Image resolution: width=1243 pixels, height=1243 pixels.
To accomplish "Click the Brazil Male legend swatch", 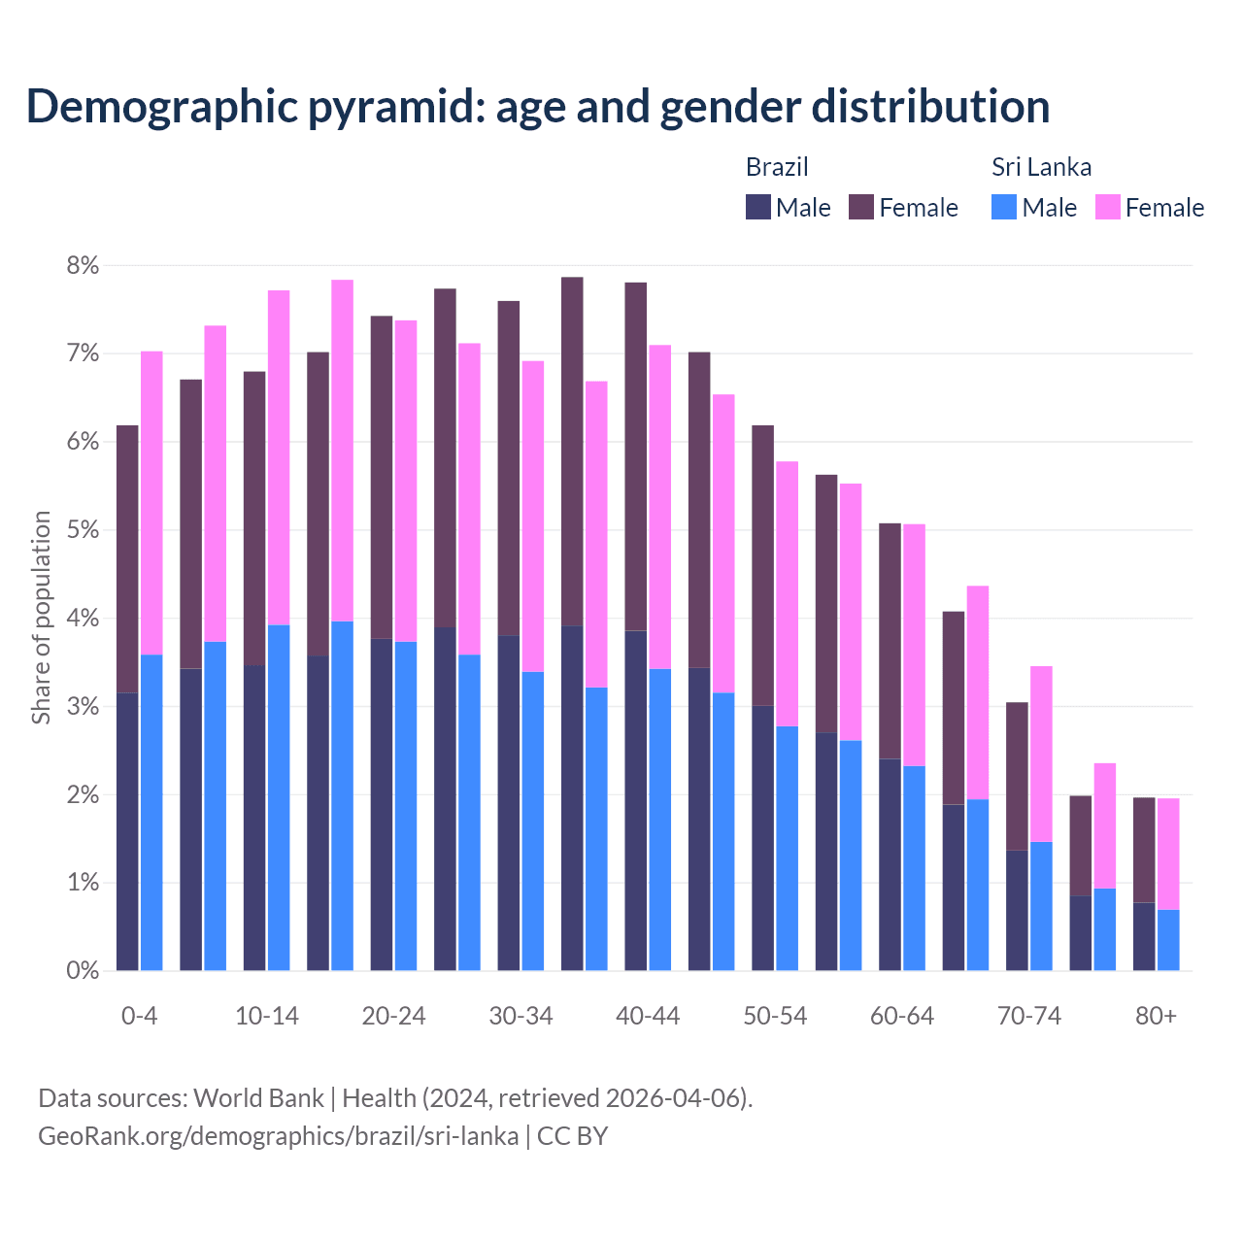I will pos(758,207).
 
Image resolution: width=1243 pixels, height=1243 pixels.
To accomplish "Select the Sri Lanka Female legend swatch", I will pos(1108,207).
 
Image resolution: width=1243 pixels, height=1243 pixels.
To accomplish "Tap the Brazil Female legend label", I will pos(918,208).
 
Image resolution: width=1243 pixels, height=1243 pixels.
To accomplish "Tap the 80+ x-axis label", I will pos(1156,1016).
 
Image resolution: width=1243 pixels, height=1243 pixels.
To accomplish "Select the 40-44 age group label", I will pos(648,1016).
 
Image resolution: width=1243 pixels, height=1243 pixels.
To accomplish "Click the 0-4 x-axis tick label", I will pos(139,1016).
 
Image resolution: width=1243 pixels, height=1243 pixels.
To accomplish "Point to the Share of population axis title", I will pos(42,618).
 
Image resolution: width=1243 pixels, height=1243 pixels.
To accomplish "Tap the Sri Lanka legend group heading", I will pos(1041,167).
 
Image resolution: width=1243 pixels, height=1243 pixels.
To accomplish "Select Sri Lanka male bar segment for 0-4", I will pos(151,812).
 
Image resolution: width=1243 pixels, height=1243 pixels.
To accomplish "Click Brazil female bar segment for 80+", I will pos(1144,850).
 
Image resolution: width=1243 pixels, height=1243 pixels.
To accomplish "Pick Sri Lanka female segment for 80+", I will pos(1168,854).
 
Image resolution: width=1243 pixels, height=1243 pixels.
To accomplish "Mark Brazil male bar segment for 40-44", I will pos(636,800).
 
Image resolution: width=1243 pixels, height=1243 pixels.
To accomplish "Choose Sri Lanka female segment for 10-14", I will pos(279,457).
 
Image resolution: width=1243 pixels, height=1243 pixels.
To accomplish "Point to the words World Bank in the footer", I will pos(258,1098).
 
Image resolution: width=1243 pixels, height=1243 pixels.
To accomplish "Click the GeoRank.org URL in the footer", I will pos(278,1136).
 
